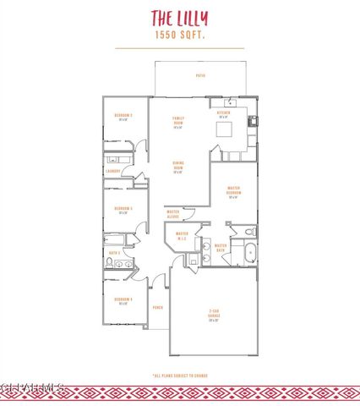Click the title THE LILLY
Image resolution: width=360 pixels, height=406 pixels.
point(179,18)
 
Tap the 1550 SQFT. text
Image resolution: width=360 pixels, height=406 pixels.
point(179,36)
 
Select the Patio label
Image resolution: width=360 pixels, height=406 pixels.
point(200,76)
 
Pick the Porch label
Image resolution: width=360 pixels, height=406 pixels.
point(157,308)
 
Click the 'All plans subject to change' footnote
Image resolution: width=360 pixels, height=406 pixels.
point(180,375)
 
